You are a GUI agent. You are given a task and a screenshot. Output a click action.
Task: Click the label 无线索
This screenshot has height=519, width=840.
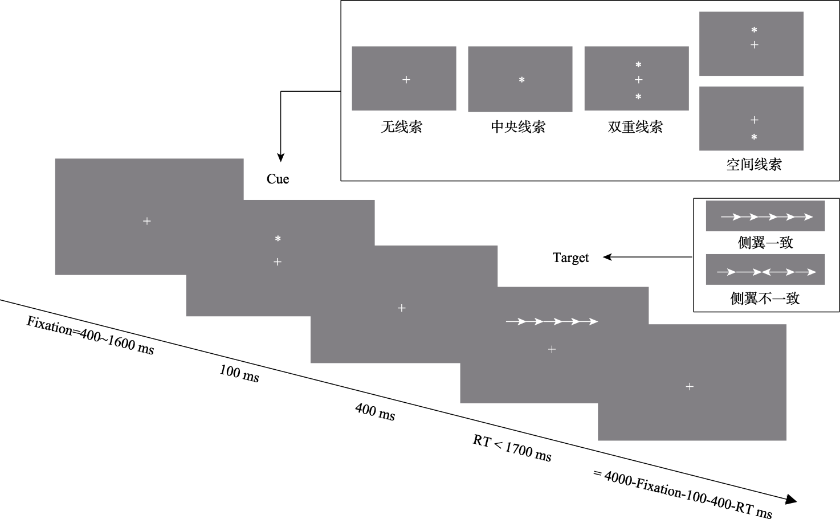(x=401, y=126)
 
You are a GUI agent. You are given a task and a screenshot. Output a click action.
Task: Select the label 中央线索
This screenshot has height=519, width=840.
(x=518, y=126)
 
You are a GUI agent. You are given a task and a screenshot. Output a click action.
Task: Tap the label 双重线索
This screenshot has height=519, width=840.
(x=635, y=126)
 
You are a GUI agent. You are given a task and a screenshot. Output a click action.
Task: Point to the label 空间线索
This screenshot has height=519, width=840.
(x=753, y=165)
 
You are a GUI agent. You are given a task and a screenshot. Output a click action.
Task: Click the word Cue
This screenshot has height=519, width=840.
(x=278, y=179)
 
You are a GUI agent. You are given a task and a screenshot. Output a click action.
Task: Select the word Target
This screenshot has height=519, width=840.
(x=570, y=258)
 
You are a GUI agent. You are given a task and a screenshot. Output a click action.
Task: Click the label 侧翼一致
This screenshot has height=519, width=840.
(x=765, y=243)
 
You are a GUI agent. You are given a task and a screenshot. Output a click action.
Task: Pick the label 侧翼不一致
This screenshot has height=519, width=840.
(x=765, y=298)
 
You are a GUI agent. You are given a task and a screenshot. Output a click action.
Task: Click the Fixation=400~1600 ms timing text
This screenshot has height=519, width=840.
(x=90, y=336)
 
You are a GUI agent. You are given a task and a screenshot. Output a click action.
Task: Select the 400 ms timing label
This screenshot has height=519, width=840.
(x=375, y=411)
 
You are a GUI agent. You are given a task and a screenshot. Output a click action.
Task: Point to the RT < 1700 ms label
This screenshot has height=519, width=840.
(x=512, y=448)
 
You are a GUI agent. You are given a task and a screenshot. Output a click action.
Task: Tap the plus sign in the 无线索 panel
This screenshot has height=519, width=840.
(x=406, y=80)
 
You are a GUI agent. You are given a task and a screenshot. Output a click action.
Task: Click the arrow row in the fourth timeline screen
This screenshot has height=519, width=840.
(x=552, y=322)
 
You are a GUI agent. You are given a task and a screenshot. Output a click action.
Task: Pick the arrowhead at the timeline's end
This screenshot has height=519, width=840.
(x=790, y=500)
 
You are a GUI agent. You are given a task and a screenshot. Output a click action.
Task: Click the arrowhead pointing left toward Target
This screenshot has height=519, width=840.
(x=607, y=258)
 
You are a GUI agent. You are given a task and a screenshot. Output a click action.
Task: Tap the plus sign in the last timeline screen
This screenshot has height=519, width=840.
(x=690, y=387)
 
